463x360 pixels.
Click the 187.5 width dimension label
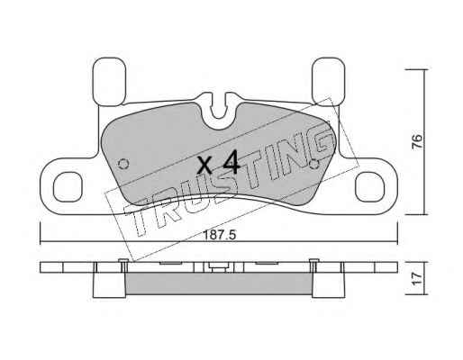click(x=220, y=235)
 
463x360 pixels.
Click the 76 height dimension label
click(x=417, y=141)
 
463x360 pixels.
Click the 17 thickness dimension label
click(x=417, y=279)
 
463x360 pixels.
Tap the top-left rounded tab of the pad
click(x=109, y=82)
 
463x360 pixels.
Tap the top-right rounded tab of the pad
click(x=329, y=82)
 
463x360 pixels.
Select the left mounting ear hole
click(x=68, y=187)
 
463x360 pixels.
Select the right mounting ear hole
click(x=369, y=187)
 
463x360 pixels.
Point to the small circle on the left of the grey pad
click(x=123, y=164)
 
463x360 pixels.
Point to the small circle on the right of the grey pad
click(x=314, y=164)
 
